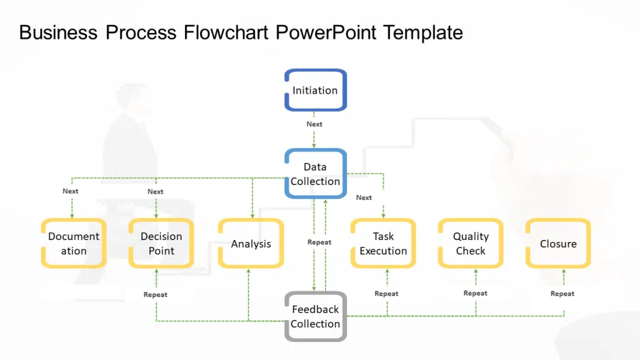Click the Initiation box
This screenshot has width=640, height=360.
(315, 90)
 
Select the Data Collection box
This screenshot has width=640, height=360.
(315, 174)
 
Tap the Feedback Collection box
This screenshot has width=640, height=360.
(315, 316)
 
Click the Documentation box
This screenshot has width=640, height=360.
(74, 243)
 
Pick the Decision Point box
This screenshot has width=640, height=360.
(161, 243)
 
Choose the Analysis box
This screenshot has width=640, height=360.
(251, 244)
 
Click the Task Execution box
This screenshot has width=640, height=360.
(383, 243)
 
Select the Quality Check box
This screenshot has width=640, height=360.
(471, 243)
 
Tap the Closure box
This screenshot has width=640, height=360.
(558, 244)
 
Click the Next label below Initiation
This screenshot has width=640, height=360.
(314, 124)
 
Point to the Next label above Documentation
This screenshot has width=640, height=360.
(71, 191)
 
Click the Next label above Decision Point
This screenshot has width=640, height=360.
(156, 192)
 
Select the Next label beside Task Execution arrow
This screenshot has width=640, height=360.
(364, 197)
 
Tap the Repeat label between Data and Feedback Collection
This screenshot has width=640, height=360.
(319, 242)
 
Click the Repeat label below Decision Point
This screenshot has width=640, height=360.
(156, 294)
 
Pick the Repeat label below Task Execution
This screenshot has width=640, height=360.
(386, 294)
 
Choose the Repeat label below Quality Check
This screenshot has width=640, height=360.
(476, 293)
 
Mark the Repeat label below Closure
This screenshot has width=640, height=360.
(562, 294)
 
